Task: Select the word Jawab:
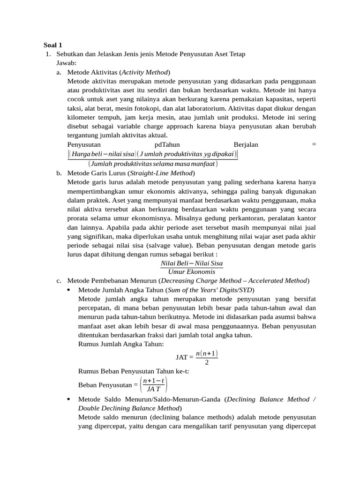point(68,63)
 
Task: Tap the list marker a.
point(59,72)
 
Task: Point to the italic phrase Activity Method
point(145,72)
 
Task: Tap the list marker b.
point(59,173)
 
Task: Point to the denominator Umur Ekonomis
point(192,272)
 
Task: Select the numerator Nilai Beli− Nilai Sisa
point(192,263)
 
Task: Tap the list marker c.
point(59,281)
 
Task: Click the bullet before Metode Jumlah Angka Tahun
point(69,290)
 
